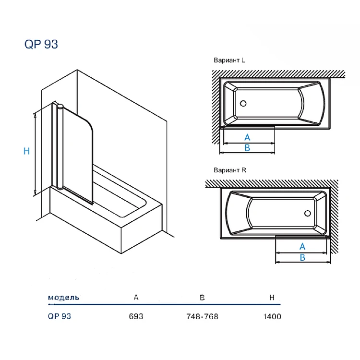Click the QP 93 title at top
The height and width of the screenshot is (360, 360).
pos(41,44)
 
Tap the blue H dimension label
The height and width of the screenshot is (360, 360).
pos(27,151)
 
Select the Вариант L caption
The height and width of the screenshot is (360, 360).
pos(229,60)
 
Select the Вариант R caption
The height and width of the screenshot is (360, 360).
pos(229,170)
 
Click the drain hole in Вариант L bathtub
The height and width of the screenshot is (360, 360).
pos(242,103)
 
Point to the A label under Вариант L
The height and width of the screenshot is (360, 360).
pos(247,138)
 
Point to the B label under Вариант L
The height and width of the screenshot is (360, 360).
pos(247,148)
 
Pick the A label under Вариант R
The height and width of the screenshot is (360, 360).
pos(302,247)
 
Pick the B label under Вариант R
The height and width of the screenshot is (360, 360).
pos(302,258)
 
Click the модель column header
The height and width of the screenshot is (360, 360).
pos(63,298)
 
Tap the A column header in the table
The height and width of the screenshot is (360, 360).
pos(136,298)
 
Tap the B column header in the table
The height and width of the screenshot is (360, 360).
pos(202,298)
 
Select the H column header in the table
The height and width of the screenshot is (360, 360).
pos(272,298)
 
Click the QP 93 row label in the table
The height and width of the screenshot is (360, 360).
pos(60,316)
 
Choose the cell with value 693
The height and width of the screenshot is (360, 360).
pos(136,316)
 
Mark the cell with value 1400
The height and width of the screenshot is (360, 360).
pos(272,316)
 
